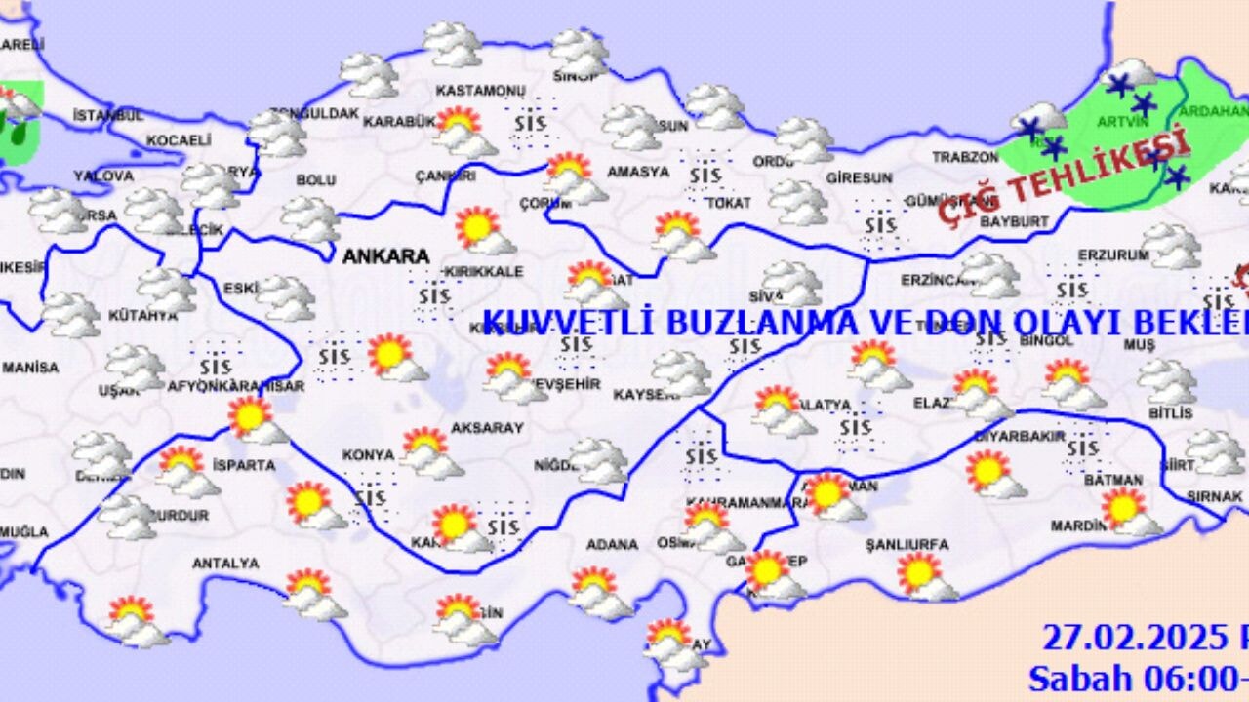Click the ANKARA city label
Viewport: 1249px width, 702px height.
tap(385, 256)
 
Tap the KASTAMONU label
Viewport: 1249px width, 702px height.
tap(480, 91)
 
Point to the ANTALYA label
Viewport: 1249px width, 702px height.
tap(225, 564)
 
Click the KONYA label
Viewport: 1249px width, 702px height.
tap(368, 455)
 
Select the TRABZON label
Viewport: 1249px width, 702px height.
tap(965, 157)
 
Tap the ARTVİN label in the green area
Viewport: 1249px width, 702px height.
tap(1123, 123)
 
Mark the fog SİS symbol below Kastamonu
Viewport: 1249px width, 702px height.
tap(531, 124)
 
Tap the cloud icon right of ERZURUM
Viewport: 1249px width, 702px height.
tap(1170, 246)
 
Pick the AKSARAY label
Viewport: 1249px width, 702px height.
tap(487, 428)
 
